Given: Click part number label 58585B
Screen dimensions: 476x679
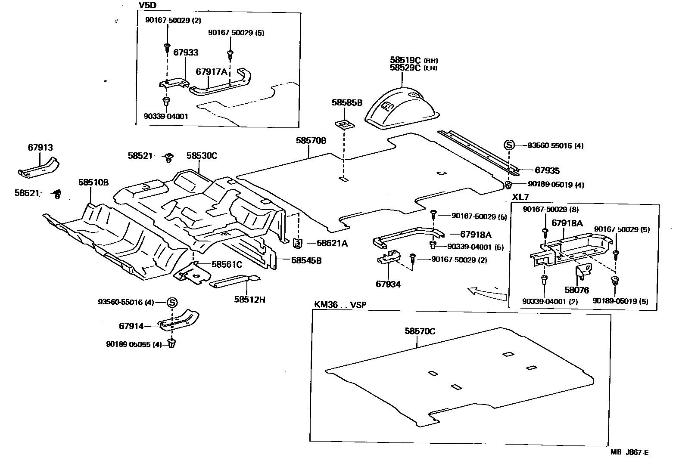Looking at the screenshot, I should (347, 103).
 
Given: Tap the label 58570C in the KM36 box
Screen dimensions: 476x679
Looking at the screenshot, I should (420, 331).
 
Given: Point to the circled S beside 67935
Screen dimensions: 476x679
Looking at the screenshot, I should (509, 145).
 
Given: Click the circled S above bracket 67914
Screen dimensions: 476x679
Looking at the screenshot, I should (171, 303).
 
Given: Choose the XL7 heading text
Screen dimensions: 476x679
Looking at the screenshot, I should (520, 197).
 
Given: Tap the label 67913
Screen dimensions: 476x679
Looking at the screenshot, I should (40, 148).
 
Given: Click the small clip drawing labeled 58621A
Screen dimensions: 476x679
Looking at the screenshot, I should (297, 244).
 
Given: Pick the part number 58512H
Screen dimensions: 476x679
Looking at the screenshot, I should (250, 299).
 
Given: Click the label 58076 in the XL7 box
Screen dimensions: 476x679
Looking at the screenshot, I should (576, 291).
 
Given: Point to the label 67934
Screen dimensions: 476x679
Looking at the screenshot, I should (388, 284).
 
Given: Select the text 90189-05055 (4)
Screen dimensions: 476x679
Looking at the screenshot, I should (134, 344).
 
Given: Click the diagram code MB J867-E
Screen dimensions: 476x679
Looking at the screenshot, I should (629, 452).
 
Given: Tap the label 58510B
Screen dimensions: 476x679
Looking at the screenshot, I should (93, 182).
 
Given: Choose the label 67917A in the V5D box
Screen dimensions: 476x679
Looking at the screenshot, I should (211, 72).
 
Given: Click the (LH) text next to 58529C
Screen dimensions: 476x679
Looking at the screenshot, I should (430, 68).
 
